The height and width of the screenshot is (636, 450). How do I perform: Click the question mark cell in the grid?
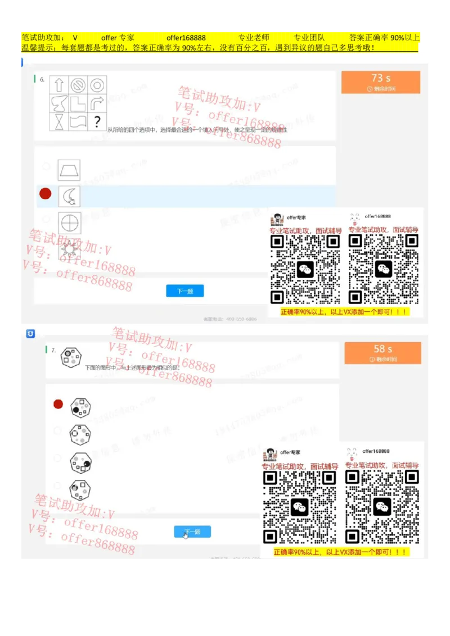click(97, 121)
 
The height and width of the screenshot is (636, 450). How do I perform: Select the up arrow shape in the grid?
click(59, 85)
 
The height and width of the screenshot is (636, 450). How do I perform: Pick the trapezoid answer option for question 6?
click(69, 170)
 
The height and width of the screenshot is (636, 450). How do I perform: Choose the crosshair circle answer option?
click(70, 222)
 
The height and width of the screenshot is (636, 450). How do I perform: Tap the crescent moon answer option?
click(69, 196)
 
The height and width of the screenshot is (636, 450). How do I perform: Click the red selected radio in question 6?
click(46, 194)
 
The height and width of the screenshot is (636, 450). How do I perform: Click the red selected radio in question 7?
click(58, 404)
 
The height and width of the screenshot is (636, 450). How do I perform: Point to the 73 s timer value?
click(381, 78)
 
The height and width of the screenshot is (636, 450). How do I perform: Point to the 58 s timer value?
click(383, 349)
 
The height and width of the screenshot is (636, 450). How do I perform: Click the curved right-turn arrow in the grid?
click(97, 103)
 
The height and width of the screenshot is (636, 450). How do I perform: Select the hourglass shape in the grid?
click(59, 121)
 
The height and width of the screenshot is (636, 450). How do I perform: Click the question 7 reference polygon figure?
click(71, 358)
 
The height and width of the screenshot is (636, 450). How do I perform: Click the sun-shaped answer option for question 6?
click(70, 248)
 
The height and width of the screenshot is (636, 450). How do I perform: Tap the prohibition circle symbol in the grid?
click(78, 85)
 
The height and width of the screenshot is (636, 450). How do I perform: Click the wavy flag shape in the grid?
click(78, 121)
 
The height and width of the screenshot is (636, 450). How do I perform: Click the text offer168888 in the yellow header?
click(186, 38)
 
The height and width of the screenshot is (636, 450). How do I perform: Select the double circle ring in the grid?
click(97, 85)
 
